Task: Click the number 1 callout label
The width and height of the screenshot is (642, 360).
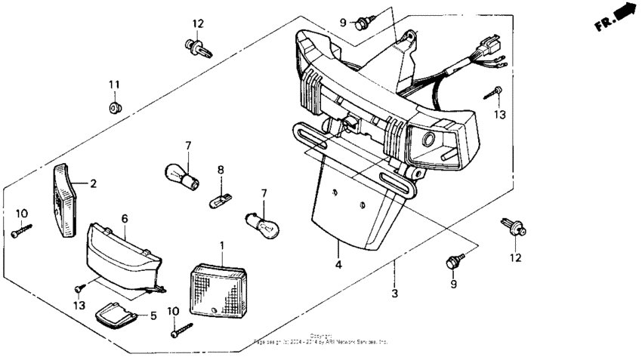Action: (x=222, y=246)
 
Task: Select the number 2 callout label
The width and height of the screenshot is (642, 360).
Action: (x=94, y=183)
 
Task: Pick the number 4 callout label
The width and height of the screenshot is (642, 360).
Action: (x=338, y=265)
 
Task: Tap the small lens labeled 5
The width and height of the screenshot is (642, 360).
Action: (x=116, y=315)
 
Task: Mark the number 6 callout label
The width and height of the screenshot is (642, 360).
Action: (x=125, y=218)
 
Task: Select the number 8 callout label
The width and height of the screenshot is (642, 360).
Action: (x=221, y=170)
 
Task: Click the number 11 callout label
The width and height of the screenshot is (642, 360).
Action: (x=114, y=84)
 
